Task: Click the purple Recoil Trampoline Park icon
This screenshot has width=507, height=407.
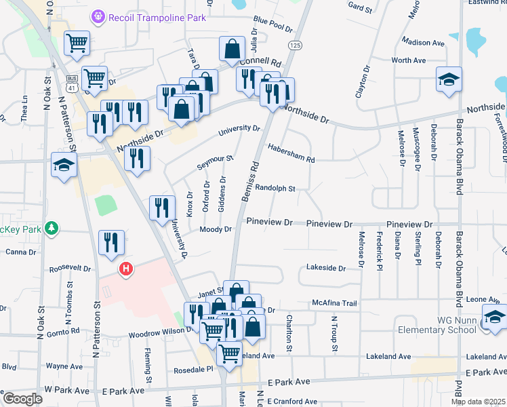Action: tap(98, 15)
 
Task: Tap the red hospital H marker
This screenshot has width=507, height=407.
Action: tap(125, 269)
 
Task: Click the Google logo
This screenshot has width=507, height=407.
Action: tap(22, 399)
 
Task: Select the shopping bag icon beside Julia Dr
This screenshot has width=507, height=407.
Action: tap(232, 48)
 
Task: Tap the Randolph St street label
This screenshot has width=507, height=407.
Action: tap(276, 189)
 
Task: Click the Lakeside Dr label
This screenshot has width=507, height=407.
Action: tap(325, 268)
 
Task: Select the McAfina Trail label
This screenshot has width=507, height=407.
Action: tap(334, 303)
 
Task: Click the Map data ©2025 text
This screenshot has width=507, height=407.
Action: tap(477, 402)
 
